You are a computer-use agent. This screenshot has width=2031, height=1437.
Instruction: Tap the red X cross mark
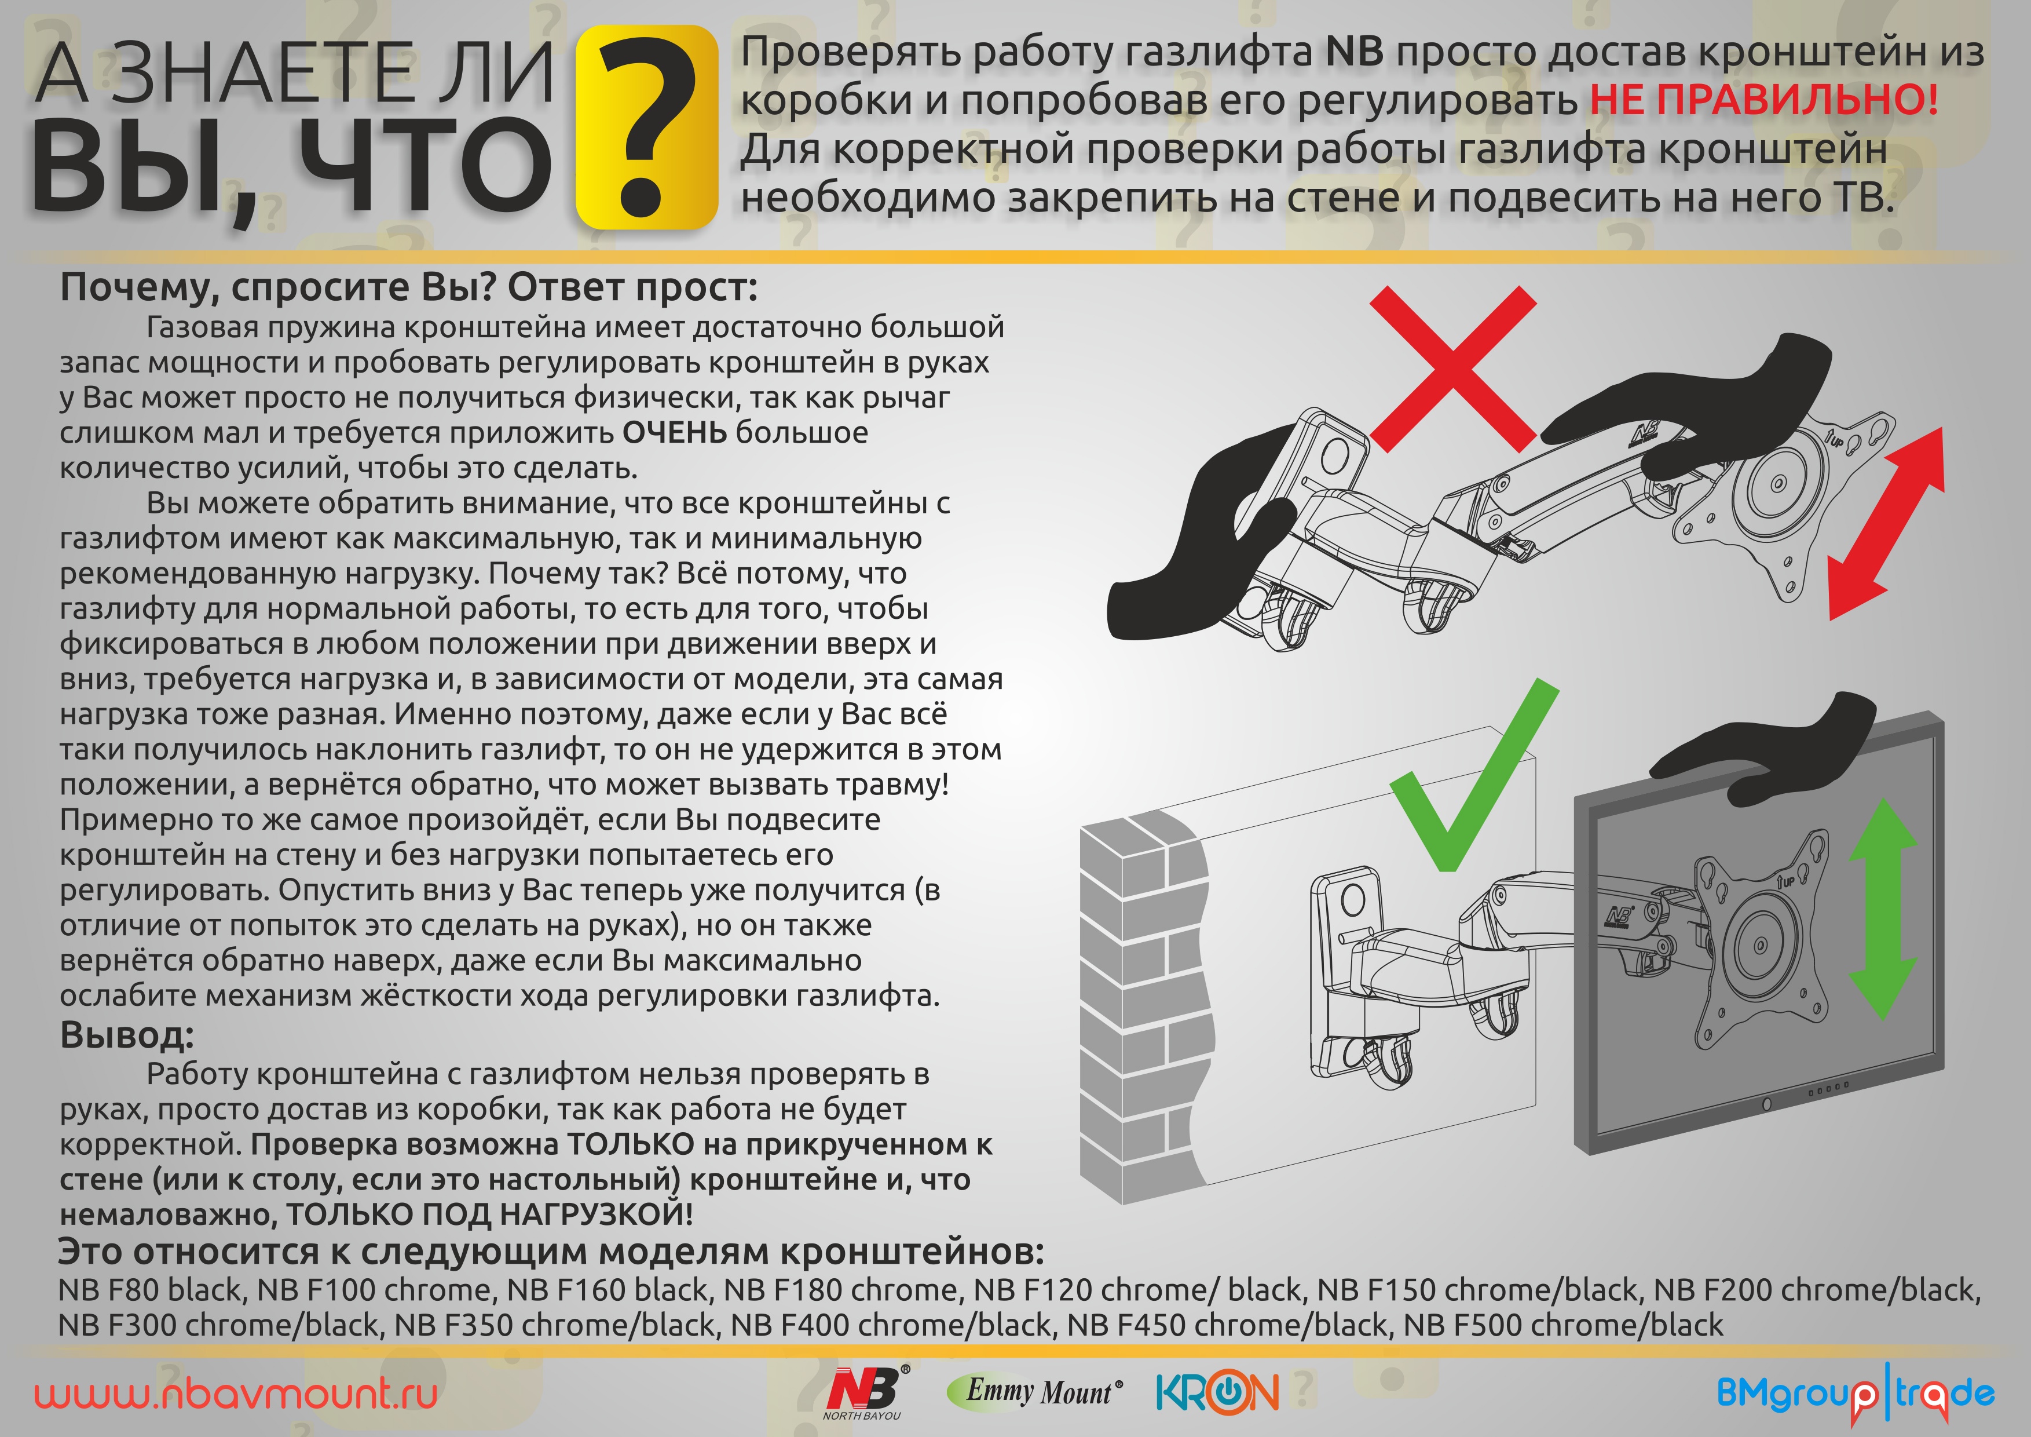coord(1452,369)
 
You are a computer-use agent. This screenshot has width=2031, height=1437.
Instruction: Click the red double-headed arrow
coord(1885,524)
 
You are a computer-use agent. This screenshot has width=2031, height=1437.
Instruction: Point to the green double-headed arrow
coord(1882,909)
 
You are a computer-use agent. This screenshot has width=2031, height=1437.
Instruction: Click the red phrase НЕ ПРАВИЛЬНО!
coord(1765,99)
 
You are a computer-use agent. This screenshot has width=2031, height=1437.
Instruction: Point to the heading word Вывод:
coord(126,1034)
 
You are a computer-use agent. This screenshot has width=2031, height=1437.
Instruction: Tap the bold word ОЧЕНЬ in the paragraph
coord(675,433)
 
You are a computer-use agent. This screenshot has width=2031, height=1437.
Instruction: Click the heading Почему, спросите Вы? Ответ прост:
coord(409,287)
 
